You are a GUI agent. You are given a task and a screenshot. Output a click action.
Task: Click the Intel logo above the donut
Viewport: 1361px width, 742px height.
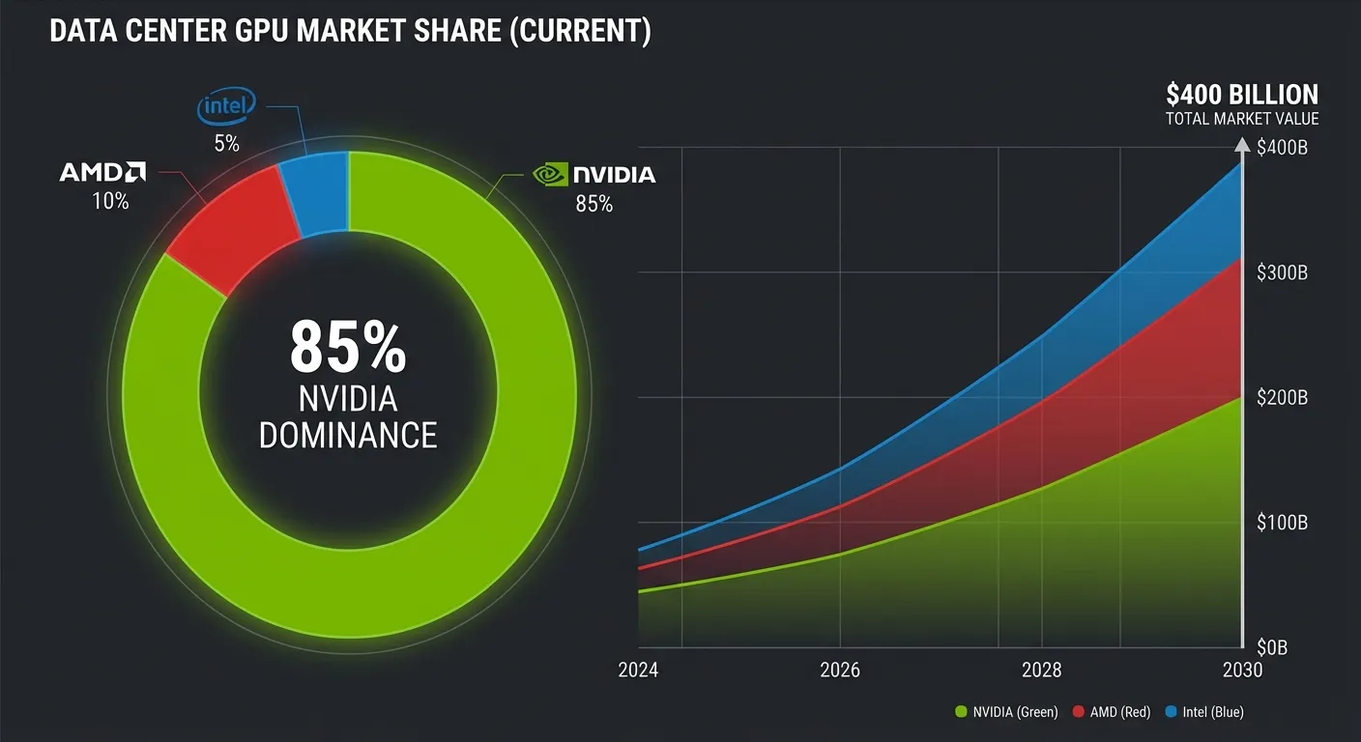(226, 107)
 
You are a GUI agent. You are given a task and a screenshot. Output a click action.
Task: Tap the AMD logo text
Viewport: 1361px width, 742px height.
(101, 173)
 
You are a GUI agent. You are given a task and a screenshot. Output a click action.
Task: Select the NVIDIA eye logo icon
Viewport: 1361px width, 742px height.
(548, 174)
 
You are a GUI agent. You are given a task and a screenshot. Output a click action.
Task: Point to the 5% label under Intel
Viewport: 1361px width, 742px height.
(226, 144)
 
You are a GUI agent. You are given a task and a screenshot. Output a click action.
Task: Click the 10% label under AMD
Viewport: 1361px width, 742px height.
(109, 201)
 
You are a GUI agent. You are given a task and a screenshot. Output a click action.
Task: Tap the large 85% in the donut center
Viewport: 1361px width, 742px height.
(348, 347)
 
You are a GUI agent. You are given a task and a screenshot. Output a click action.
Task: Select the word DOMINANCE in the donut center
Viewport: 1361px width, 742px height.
(348, 435)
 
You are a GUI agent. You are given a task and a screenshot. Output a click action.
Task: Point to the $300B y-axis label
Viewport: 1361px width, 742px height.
(1283, 273)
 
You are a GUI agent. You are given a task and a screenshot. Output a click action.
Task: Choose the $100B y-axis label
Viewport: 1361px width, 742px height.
(1283, 523)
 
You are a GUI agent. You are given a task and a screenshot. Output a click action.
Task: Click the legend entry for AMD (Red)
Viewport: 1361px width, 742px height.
(1113, 712)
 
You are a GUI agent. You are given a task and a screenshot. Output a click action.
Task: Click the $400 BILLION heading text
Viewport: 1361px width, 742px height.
(1242, 95)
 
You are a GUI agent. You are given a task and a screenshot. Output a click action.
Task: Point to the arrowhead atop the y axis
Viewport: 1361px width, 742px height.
(1241, 146)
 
